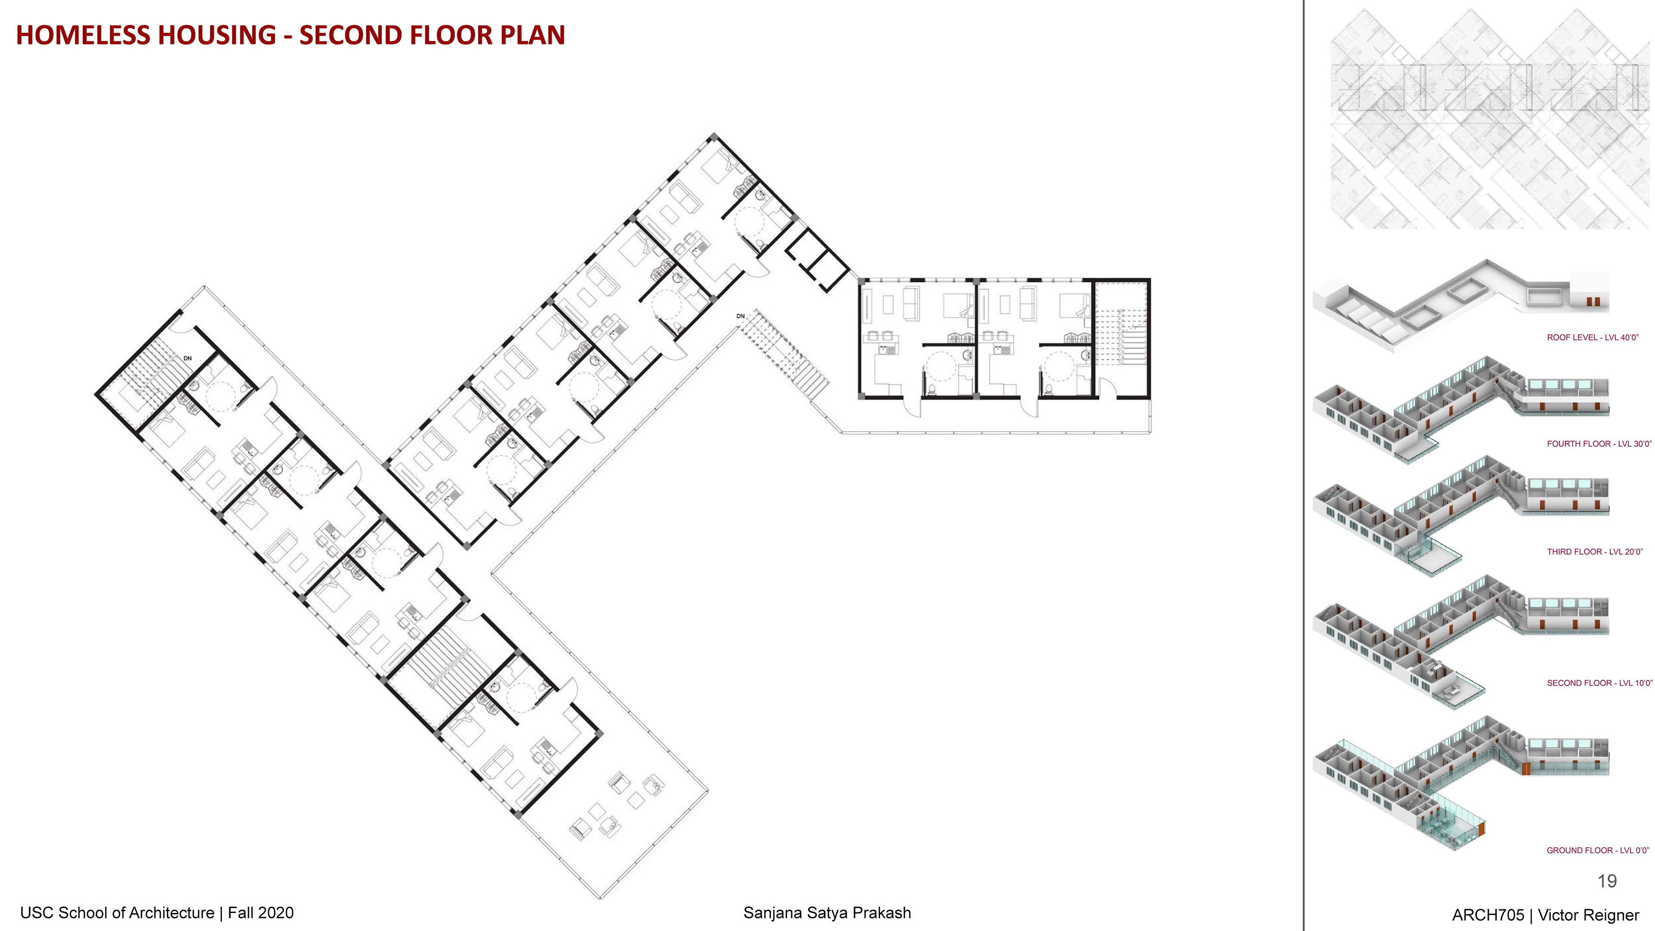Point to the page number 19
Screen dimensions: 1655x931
pyautogui.click(x=1607, y=881)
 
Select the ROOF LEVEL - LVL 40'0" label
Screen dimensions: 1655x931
pyautogui.click(x=1593, y=337)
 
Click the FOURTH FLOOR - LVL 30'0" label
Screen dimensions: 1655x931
pyautogui.click(x=1599, y=444)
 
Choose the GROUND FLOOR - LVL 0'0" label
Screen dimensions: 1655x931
pyautogui.click(x=1598, y=850)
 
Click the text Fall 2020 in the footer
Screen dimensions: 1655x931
pyautogui.click(x=261, y=912)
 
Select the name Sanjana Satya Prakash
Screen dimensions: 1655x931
pyautogui.click(x=827, y=912)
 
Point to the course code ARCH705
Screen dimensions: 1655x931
pyautogui.click(x=1488, y=915)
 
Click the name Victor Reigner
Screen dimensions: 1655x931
pyautogui.click(x=1588, y=915)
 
